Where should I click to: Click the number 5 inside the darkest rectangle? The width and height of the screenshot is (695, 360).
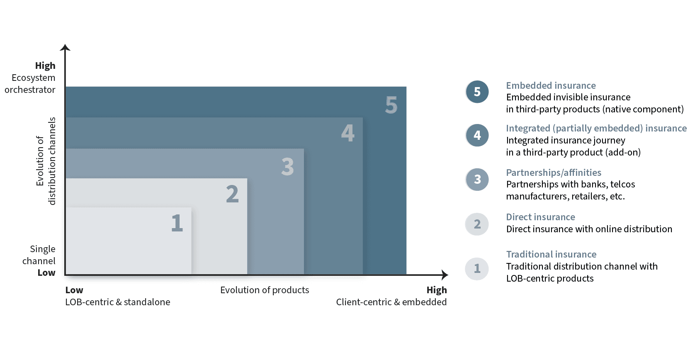[x=391, y=105]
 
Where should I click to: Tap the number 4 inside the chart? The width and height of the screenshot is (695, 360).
[x=348, y=133]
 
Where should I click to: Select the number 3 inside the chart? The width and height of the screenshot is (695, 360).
[x=287, y=167]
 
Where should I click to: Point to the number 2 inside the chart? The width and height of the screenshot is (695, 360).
[x=232, y=194]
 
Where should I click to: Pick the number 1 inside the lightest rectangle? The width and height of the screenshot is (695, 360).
[x=177, y=223]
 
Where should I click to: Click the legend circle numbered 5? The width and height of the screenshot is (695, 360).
[x=477, y=92]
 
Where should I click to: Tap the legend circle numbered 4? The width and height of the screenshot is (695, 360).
[x=477, y=135]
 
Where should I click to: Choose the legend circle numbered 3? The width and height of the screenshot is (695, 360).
[x=477, y=180]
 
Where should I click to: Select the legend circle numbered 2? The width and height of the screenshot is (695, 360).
[x=477, y=224]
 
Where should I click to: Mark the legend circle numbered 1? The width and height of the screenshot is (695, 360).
[x=477, y=269]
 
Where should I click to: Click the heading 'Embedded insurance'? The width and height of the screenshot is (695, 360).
[x=551, y=85]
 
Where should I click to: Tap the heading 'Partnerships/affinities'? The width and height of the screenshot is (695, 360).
[x=554, y=173]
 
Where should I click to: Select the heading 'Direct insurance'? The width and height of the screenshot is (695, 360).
[x=540, y=217]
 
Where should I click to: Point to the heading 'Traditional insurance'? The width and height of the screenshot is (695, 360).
[x=551, y=254]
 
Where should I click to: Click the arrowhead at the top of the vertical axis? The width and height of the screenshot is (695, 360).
[x=65, y=47]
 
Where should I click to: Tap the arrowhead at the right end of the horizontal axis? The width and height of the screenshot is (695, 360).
[x=445, y=275]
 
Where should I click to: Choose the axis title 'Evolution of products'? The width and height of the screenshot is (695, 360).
[x=265, y=290]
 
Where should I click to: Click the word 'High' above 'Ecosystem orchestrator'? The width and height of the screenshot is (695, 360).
[x=45, y=66]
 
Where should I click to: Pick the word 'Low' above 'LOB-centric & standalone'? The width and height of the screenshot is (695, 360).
[x=74, y=290]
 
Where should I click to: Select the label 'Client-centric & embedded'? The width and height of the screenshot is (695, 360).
[x=391, y=302]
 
